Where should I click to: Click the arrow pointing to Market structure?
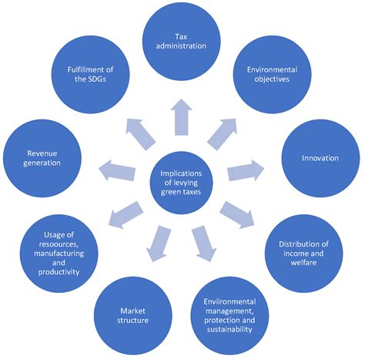coord(160,240)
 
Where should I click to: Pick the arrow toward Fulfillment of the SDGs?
coord(141,132)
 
